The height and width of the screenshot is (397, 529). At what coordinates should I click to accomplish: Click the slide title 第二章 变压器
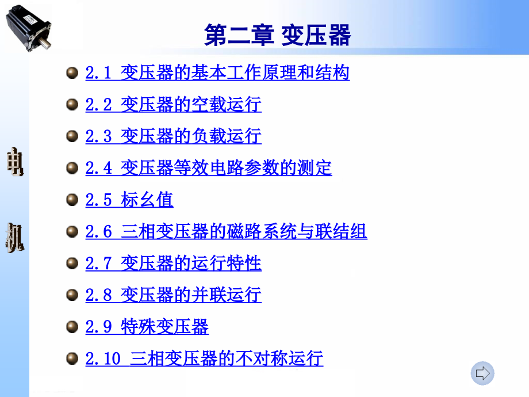click(277, 35)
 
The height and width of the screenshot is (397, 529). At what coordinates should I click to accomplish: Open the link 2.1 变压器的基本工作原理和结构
click(217, 72)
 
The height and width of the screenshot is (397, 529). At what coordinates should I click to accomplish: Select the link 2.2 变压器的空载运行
click(174, 104)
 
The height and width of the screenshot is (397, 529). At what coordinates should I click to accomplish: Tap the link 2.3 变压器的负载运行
click(174, 136)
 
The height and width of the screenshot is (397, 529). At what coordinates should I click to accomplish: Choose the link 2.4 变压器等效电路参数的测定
click(209, 168)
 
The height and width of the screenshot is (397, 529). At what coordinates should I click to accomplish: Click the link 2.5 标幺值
click(129, 200)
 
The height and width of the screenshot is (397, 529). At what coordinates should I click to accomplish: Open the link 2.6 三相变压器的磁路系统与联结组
click(226, 231)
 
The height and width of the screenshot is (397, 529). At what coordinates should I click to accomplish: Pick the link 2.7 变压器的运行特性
click(174, 263)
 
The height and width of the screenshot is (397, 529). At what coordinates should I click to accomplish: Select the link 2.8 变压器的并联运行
click(174, 295)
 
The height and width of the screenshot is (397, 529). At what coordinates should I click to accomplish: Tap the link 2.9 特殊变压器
click(147, 326)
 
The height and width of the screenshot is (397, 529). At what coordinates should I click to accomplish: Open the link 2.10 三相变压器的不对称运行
click(204, 358)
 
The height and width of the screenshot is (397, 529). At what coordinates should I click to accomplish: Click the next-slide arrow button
click(482, 373)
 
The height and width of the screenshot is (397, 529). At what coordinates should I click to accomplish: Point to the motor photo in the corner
click(29, 28)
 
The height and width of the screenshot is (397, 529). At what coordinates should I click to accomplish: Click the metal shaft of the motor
click(45, 42)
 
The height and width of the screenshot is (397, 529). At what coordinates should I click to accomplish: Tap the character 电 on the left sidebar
click(15, 162)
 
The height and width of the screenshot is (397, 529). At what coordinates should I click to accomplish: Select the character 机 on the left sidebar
click(15, 238)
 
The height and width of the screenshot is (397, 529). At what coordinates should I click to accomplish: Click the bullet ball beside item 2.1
click(72, 72)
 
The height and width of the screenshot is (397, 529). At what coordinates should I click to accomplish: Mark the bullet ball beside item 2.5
click(72, 200)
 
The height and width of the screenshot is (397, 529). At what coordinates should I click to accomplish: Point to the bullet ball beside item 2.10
click(72, 358)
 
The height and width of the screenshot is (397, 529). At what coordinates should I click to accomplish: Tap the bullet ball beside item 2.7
click(72, 263)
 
